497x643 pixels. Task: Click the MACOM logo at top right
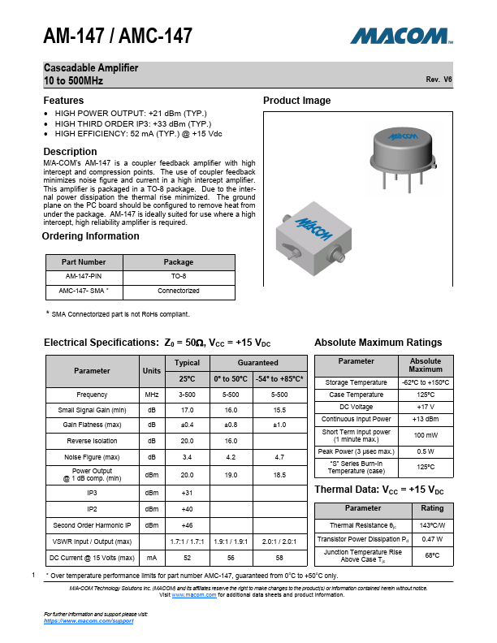pyautogui.click(x=400, y=37)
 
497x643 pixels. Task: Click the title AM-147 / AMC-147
pyautogui.click(x=118, y=37)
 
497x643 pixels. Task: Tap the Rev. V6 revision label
pyautogui.click(x=439, y=80)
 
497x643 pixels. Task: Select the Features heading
pyautogui.click(x=63, y=101)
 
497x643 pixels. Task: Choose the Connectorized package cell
pyautogui.click(x=179, y=290)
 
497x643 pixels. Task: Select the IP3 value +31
pyautogui.click(x=187, y=493)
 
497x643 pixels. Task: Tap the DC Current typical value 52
pyautogui.click(x=187, y=558)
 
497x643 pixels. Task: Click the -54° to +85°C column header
pyautogui.click(x=281, y=379)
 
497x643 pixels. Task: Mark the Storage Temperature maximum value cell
pyautogui.click(x=426, y=382)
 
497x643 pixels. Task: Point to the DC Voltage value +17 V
pyautogui.click(x=426, y=407)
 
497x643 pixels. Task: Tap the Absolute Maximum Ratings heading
pyautogui.click(x=378, y=342)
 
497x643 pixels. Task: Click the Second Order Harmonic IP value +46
pyautogui.click(x=187, y=525)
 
